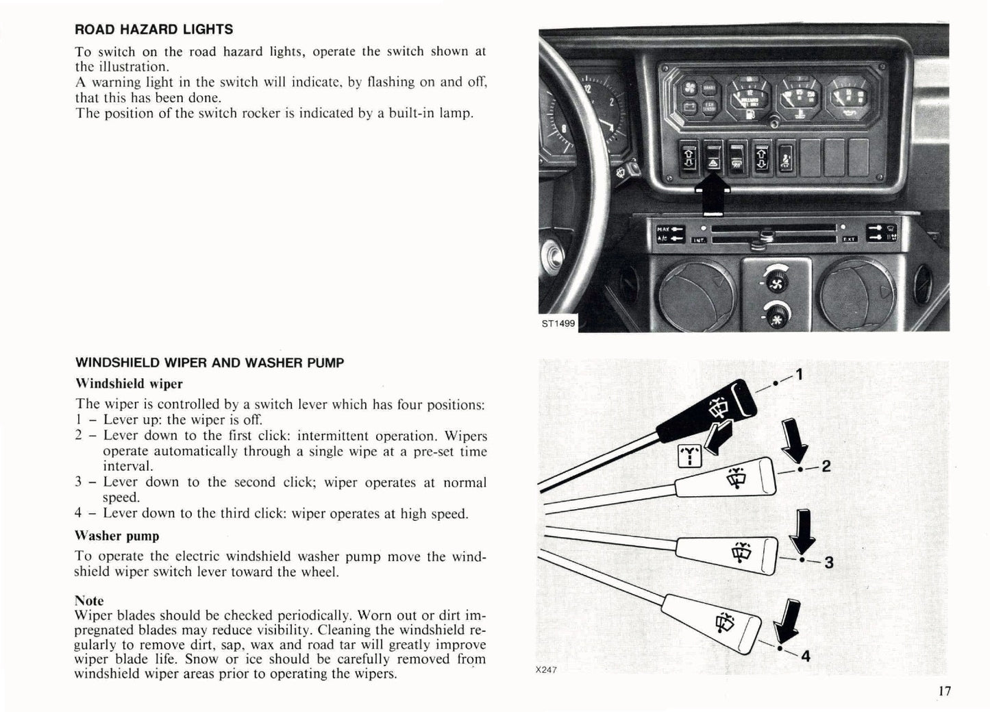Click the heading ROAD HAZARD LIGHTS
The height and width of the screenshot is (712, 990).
pos(153,29)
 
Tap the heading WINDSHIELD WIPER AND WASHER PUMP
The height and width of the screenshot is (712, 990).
pos(209,363)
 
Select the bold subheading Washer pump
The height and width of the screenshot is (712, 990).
pos(117,536)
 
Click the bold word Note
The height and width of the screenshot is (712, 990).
pos(89,601)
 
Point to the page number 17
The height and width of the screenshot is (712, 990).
pos(944,691)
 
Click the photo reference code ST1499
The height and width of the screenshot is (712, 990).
pos(558,323)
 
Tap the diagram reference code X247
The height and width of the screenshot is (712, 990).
pos(546,670)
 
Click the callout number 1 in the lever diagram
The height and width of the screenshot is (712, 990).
pos(798,375)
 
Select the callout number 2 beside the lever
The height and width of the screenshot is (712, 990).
pos(826,467)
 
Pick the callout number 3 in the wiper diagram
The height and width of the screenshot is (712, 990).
pos(829,563)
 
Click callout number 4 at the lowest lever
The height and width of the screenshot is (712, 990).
pos(806,656)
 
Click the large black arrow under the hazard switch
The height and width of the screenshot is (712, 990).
pos(713,193)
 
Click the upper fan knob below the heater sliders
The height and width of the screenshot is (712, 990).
pos(776,281)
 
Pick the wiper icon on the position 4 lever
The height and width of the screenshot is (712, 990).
pos(723,622)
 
